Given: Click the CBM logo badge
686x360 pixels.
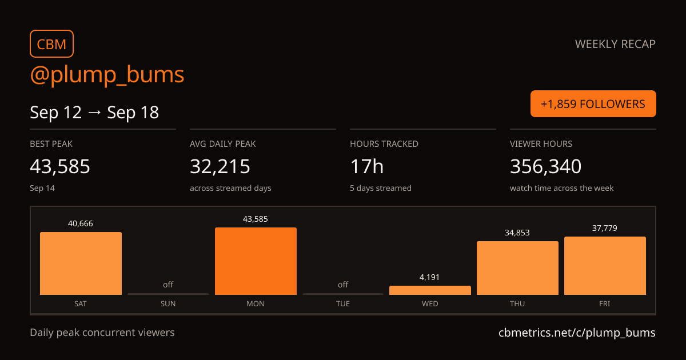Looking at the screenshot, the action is [x=52, y=44].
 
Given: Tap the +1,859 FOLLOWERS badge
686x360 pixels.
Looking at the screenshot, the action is [x=593, y=104].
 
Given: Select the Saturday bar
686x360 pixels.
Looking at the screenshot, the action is [x=81, y=263].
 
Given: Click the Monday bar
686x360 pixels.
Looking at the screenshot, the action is [x=256, y=261].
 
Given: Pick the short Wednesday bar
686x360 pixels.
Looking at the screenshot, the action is [x=430, y=290].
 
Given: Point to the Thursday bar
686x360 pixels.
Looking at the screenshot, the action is [x=517, y=268].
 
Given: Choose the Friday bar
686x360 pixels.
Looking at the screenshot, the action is [x=605, y=266].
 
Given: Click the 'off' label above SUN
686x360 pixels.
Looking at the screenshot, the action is [x=168, y=285].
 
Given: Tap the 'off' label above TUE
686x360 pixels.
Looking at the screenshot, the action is [x=343, y=285].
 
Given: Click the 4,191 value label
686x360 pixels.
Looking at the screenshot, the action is [x=429, y=277].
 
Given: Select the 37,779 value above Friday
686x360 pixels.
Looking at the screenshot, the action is [x=605, y=228].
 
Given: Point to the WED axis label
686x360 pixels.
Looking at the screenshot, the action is [x=430, y=303].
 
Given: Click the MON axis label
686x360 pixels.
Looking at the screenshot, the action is [x=256, y=303].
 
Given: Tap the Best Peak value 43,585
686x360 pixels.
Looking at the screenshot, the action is [x=60, y=166].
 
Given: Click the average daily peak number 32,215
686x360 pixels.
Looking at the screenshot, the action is [x=220, y=166].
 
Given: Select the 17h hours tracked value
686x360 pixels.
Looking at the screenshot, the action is [x=366, y=166].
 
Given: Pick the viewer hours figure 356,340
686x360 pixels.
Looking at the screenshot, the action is [x=545, y=166].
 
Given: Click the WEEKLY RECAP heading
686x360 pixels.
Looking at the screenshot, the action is [x=615, y=44].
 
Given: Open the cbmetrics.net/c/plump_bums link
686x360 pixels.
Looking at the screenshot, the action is [x=577, y=333].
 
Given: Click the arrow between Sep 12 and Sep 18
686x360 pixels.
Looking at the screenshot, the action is [x=94, y=113].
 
